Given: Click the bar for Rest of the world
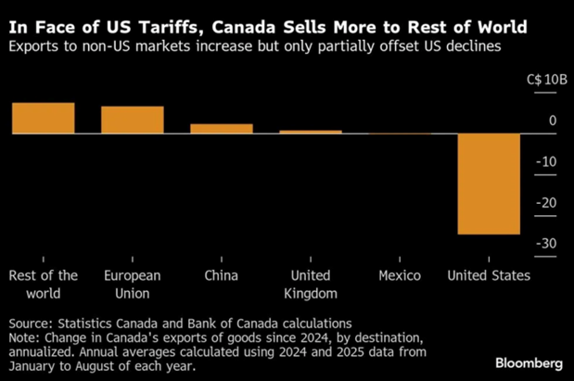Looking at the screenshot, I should coord(44,118).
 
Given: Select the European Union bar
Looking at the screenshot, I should coord(132,120).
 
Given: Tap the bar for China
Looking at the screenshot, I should coord(221,129).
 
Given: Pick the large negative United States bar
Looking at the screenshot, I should coord(489,184).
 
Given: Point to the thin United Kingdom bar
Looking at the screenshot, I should coord(310,132).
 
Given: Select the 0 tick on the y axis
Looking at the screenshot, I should coord(552,121).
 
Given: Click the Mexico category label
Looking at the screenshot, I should coord(400,275).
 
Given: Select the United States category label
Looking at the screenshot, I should coord(489,275).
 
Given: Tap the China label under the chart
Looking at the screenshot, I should coord(221,275).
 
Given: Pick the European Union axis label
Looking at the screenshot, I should coord(132,284).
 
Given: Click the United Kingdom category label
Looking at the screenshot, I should coord(310,284).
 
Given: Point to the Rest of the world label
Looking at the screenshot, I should coord(43,284).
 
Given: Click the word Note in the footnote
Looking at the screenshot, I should coord(25,337).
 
